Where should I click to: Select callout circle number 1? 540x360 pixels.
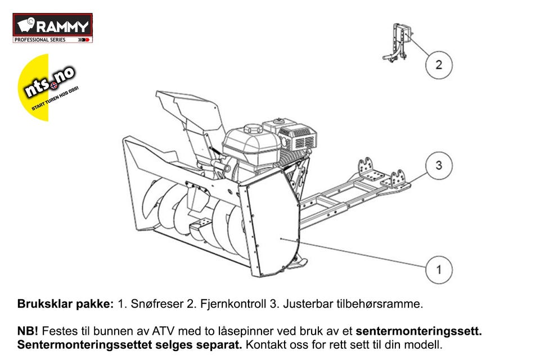tap(439, 269)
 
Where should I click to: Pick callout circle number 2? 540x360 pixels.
tap(439, 64)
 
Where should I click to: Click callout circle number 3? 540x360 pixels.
tap(439, 165)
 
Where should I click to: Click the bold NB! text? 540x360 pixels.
tap(28, 331)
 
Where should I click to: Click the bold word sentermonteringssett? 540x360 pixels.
tap(418, 331)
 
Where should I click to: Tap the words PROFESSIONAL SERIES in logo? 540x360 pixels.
tap(40, 40)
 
